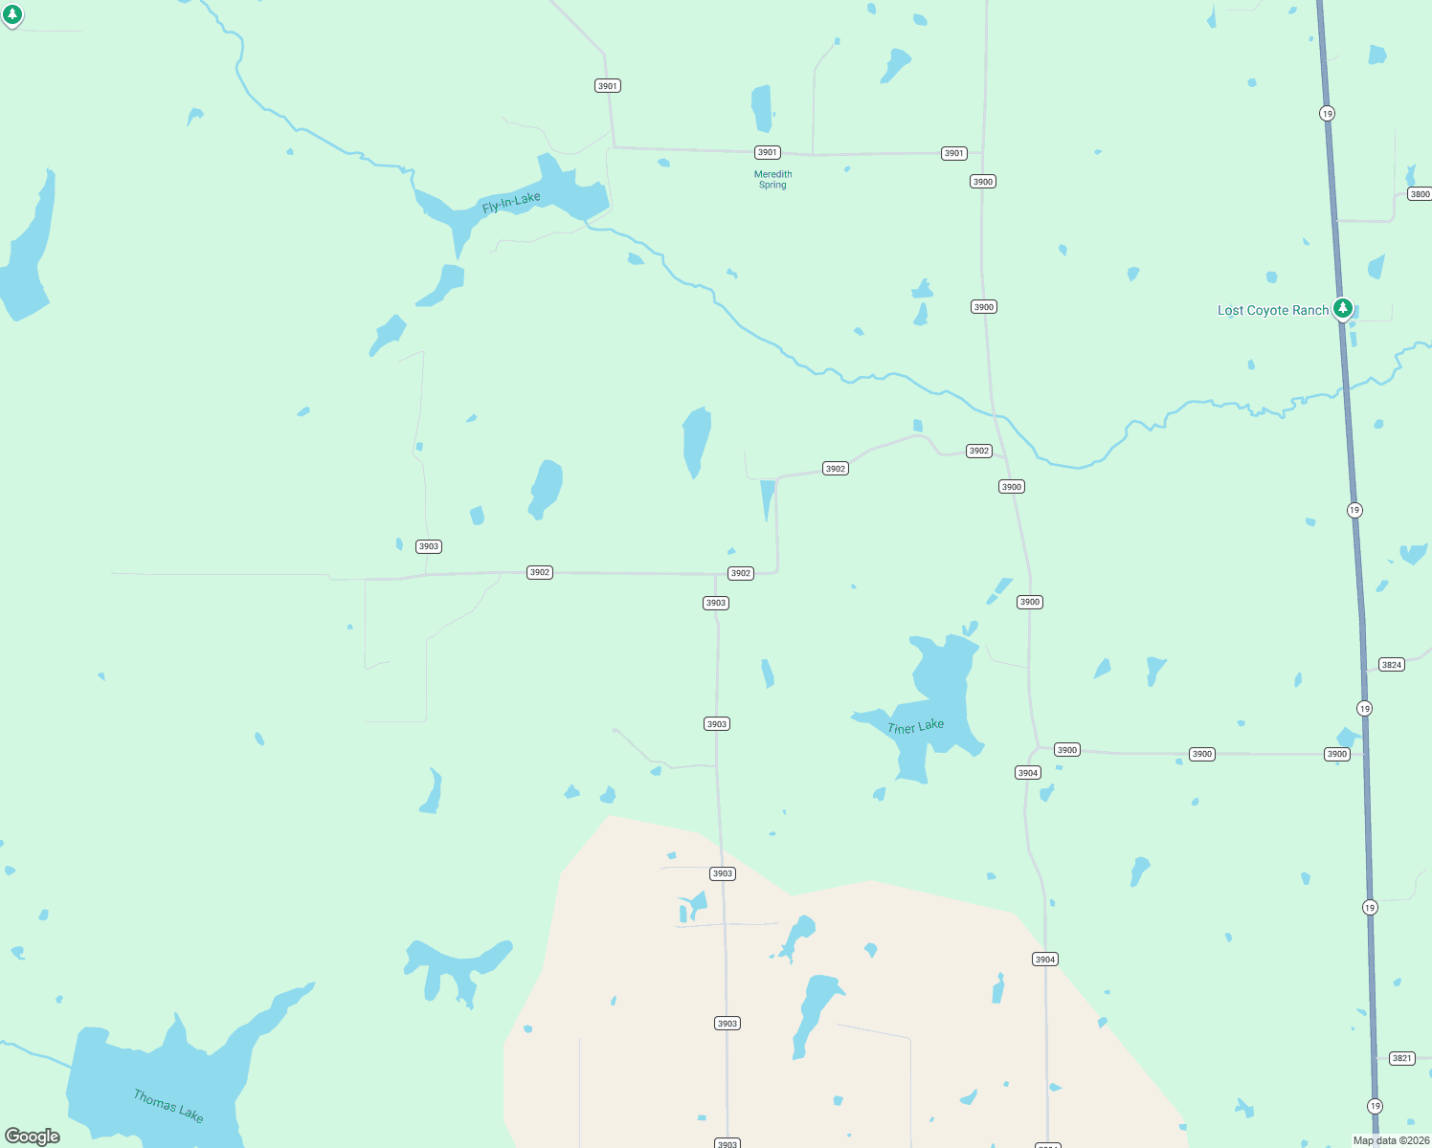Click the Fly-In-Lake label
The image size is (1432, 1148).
coord(511,202)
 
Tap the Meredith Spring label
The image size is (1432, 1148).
coord(772,179)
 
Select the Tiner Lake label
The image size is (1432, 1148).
coord(915,727)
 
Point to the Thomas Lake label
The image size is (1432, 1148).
coord(168,1105)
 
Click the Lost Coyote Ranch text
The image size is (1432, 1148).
coord(1272,310)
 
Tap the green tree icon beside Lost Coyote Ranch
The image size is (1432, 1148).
coord(1343,308)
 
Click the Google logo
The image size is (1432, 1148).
coord(33,1136)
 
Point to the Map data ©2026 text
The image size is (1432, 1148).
coord(1390,1140)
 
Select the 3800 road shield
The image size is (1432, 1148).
coord(1420,194)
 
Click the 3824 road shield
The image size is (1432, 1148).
coord(1391,665)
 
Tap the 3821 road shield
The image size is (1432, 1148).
coord(1401,1058)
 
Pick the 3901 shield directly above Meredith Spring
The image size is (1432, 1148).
coord(767,152)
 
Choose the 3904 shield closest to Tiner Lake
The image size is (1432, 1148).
coord(1027,773)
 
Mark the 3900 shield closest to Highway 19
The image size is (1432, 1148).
coord(1336,754)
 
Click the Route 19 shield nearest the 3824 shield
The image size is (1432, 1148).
coord(1364,709)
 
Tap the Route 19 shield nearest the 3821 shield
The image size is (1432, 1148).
coord(1375,1106)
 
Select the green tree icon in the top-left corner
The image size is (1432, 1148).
coord(12,14)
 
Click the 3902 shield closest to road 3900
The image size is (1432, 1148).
coord(978,451)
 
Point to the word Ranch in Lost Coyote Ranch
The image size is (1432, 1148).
coord(1310,310)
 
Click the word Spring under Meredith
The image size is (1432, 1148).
coord(772,185)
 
